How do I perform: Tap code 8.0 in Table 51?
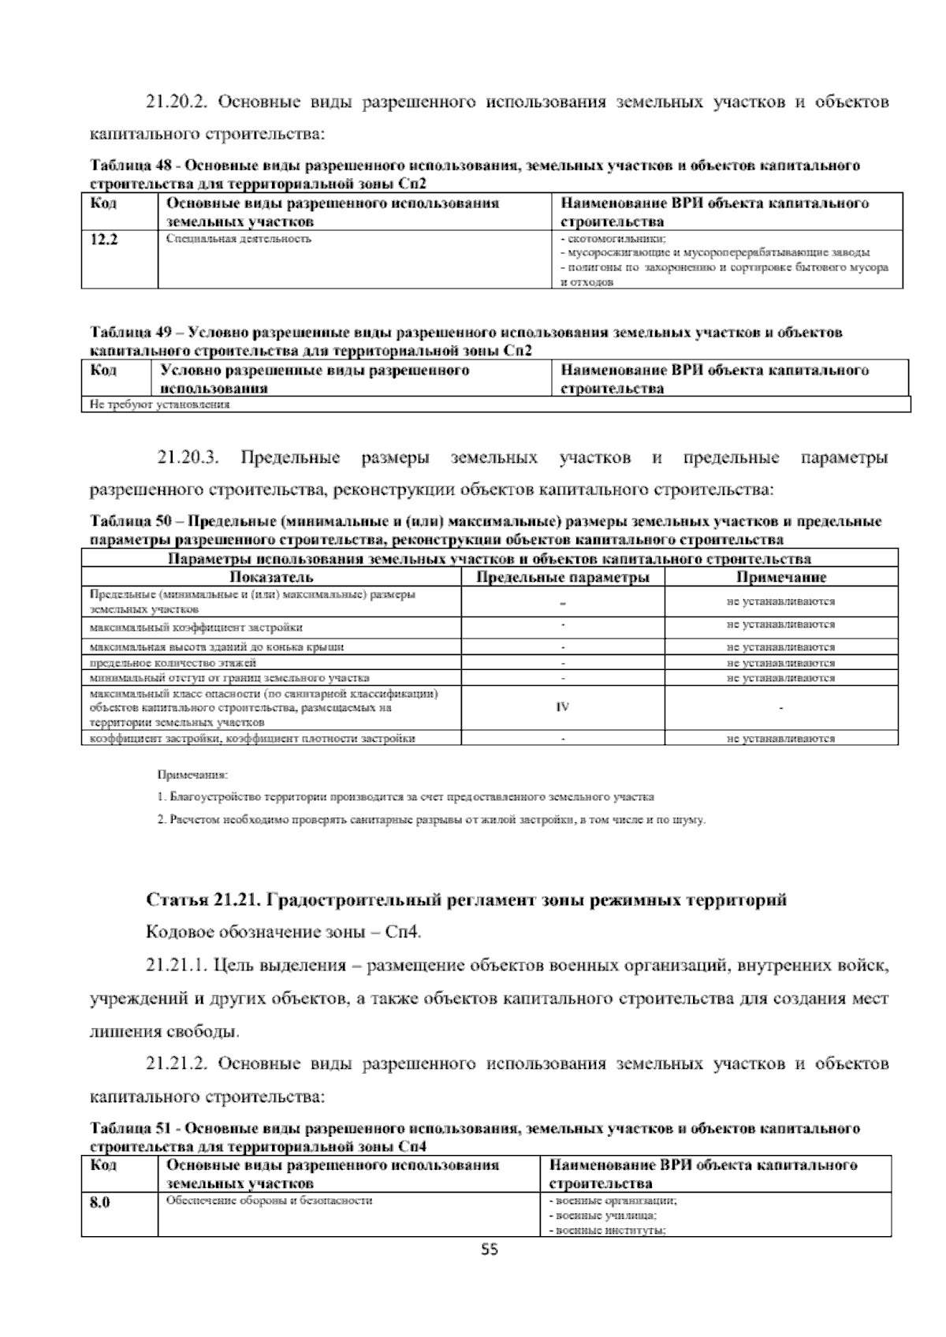[99, 1202]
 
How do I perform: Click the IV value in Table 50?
[562, 706]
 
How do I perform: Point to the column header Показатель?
[271, 577]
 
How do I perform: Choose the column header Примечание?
[780, 577]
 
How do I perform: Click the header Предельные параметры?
[563, 577]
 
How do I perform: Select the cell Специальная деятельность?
[239, 238]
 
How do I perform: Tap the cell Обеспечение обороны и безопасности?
[269, 1201]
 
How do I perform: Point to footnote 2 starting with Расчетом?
[431, 820]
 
